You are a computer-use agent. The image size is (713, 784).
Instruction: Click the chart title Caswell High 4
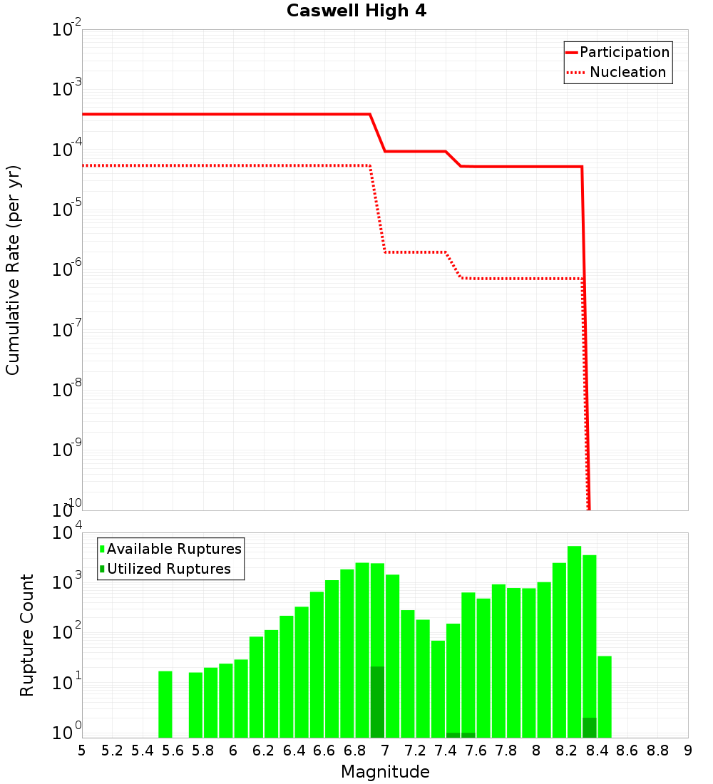(356, 11)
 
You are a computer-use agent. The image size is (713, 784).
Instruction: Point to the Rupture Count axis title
(27, 634)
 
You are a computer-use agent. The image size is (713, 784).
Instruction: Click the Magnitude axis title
(385, 772)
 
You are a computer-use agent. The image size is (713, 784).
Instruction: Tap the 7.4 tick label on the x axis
(446, 751)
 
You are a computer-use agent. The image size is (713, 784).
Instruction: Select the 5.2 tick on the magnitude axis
(113, 751)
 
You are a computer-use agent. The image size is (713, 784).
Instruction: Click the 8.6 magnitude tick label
(627, 751)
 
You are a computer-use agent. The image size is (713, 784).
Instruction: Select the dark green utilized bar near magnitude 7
(377, 702)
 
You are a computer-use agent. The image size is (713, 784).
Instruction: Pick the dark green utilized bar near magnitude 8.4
(590, 728)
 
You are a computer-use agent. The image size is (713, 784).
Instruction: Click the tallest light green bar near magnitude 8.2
(574, 641)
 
